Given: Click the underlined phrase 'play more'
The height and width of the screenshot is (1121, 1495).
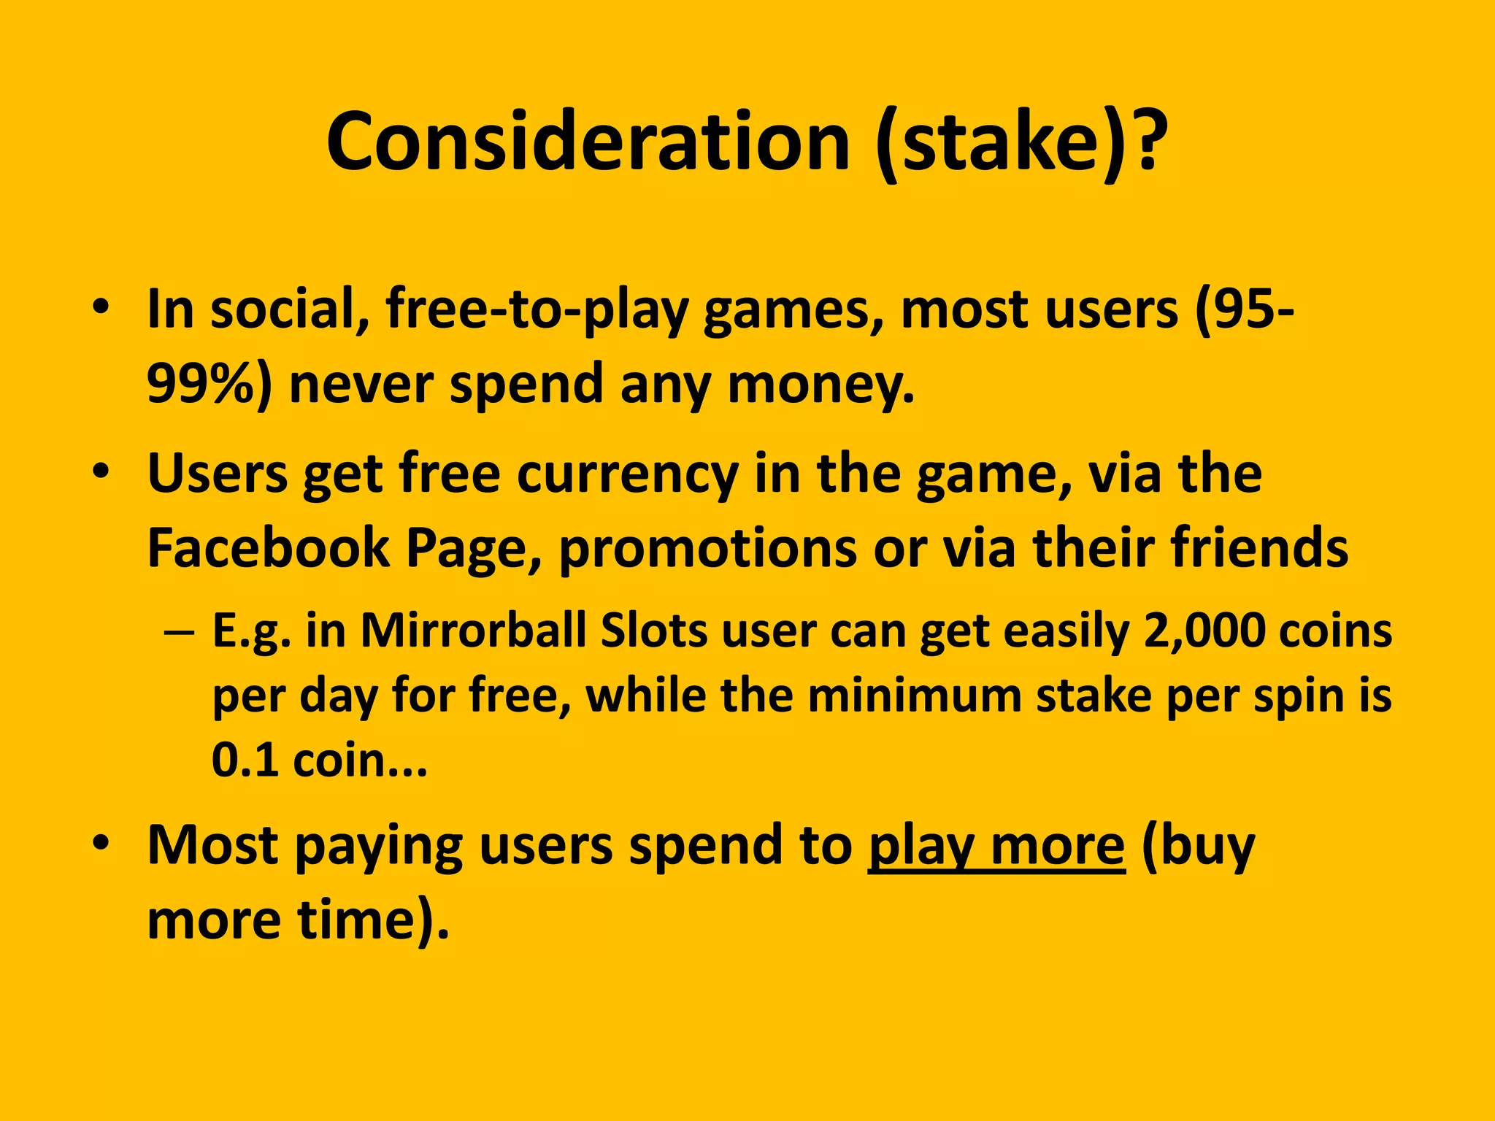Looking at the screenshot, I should tap(996, 847).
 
